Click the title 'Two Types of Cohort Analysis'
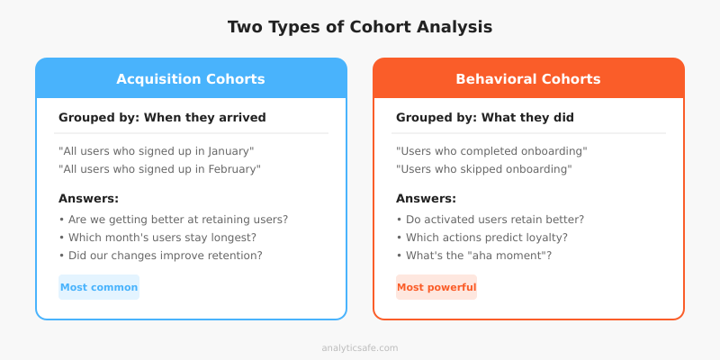[360, 27]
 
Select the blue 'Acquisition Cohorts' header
[191, 79]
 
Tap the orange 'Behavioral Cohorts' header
[528, 79]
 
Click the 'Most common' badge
[99, 288]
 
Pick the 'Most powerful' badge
[436, 288]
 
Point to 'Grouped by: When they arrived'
[162, 117]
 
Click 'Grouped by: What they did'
[485, 117]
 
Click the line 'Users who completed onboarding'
[491, 151]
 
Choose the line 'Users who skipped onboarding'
[484, 169]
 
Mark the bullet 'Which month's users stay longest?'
[157, 238]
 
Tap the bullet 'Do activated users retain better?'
[490, 220]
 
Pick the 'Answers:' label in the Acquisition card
[88, 199]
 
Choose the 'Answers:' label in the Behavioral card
[426, 199]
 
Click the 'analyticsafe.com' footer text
[360, 347]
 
